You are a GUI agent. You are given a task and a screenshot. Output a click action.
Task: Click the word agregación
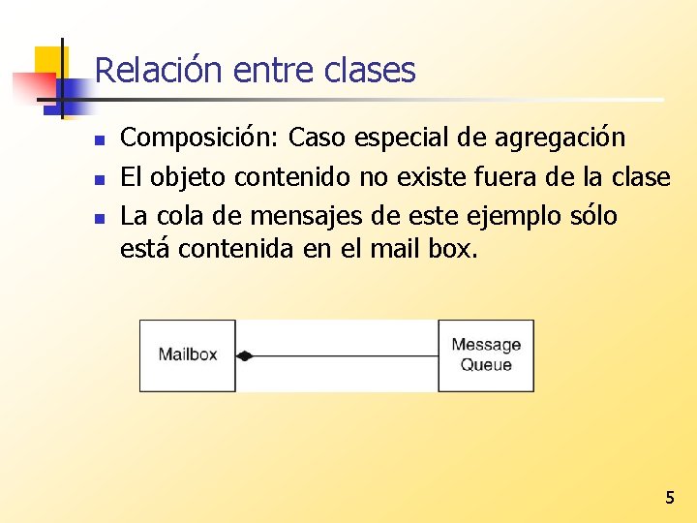point(561,138)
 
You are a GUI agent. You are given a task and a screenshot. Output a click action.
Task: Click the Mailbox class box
point(188,354)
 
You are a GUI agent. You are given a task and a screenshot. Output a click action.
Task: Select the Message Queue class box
point(486,354)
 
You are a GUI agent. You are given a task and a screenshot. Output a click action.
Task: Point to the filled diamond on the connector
point(244,355)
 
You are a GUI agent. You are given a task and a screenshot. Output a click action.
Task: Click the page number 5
point(669,498)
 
